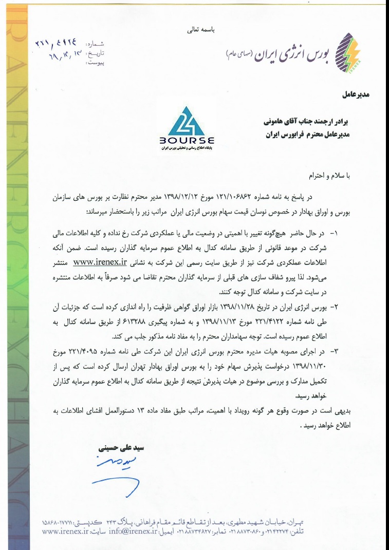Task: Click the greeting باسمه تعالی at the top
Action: (201, 30)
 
